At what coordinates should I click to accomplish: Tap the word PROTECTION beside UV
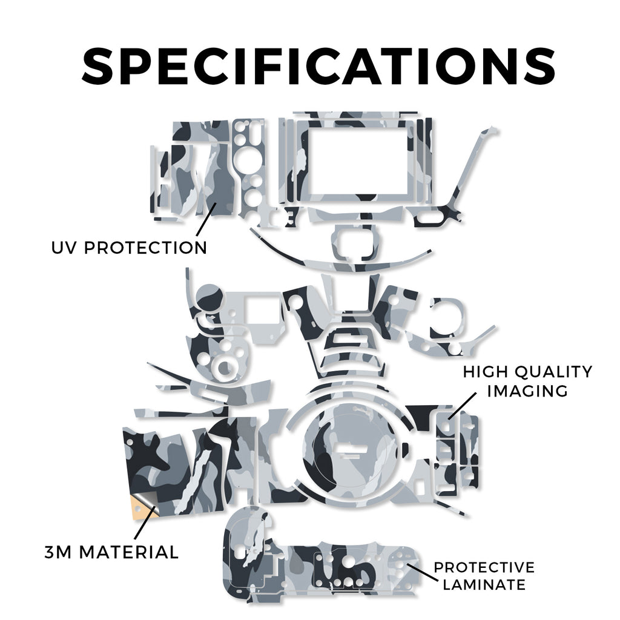[x=145, y=248]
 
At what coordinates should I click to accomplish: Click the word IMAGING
[x=527, y=391]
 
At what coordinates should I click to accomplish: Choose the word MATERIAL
[x=129, y=552]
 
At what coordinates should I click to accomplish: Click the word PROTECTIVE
[x=484, y=567]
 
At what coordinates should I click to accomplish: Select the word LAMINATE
[x=484, y=584]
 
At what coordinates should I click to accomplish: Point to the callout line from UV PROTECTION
[x=206, y=220]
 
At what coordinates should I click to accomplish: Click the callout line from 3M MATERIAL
[x=144, y=523]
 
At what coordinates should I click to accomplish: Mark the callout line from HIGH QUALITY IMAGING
[x=462, y=406]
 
